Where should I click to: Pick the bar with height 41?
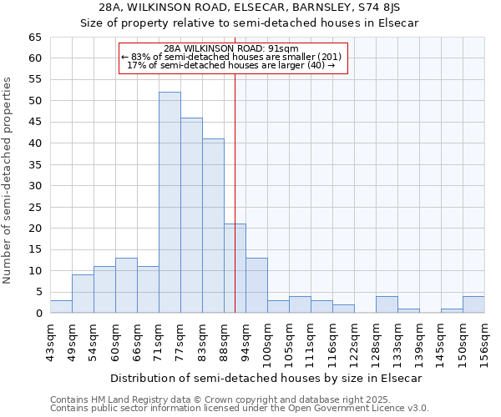[213, 226]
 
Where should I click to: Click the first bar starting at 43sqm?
[61, 307]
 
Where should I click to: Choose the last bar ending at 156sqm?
[473, 305]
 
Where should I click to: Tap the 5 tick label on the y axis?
[38, 292]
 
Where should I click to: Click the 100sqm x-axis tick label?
[268, 341]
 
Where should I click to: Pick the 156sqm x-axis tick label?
[485, 341]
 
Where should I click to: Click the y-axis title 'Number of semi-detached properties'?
[8, 180]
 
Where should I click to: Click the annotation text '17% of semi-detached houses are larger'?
[230, 65]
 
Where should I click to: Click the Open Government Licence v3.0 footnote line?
[240, 409]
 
